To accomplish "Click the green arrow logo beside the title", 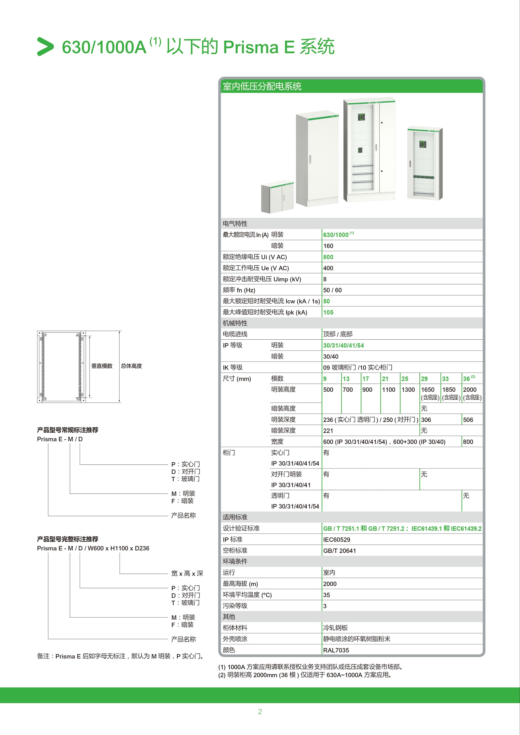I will [45, 47].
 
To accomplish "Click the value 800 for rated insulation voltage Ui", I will [328, 257].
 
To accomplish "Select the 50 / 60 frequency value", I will [332, 290].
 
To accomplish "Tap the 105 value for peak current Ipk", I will [328, 312].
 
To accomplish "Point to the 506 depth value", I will [468, 420].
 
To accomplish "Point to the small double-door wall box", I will [277, 198].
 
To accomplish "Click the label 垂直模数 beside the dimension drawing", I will [102, 366].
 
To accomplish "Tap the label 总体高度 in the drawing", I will [131, 366].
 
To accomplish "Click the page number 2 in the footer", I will [260, 711].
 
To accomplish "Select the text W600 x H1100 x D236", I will [118, 548].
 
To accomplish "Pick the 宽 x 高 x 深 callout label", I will [187, 573].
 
